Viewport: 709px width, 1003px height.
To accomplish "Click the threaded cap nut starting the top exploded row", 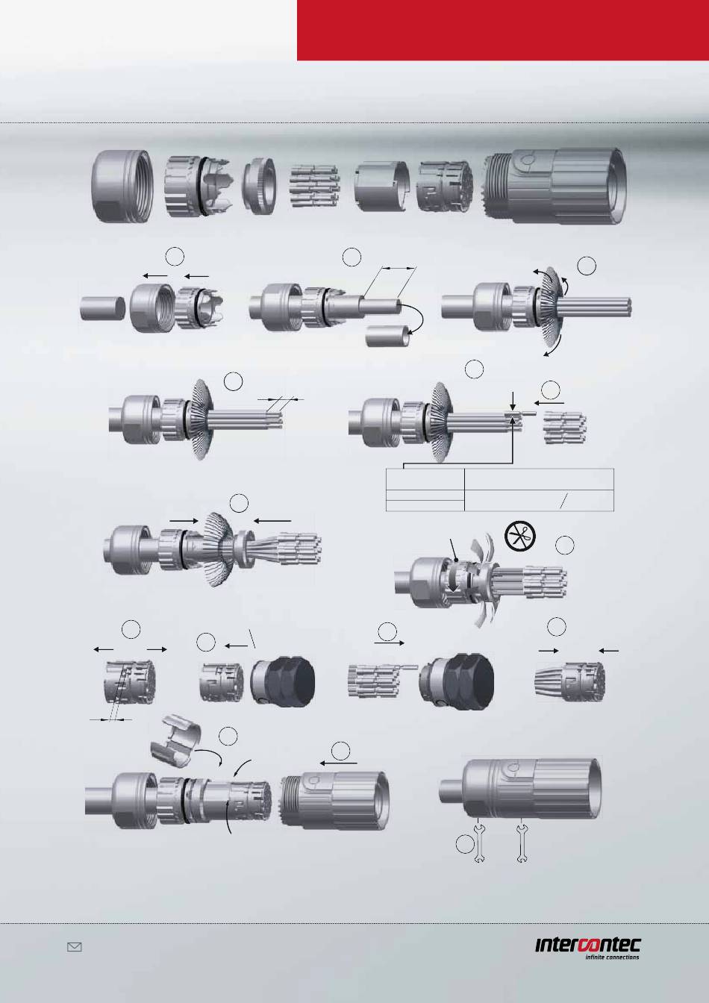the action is click(122, 185).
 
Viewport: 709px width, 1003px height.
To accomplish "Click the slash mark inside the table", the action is click(563, 502).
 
